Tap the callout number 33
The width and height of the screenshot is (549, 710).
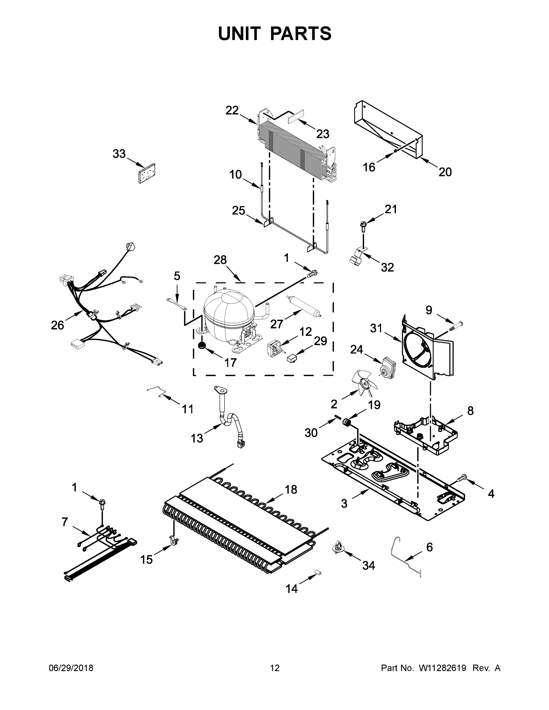(x=119, y=154)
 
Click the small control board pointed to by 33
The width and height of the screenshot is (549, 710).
(x=147, y=173)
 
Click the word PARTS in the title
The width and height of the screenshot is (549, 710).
(x=301, y=33)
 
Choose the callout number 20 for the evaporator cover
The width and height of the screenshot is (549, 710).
(x=445, y=172)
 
